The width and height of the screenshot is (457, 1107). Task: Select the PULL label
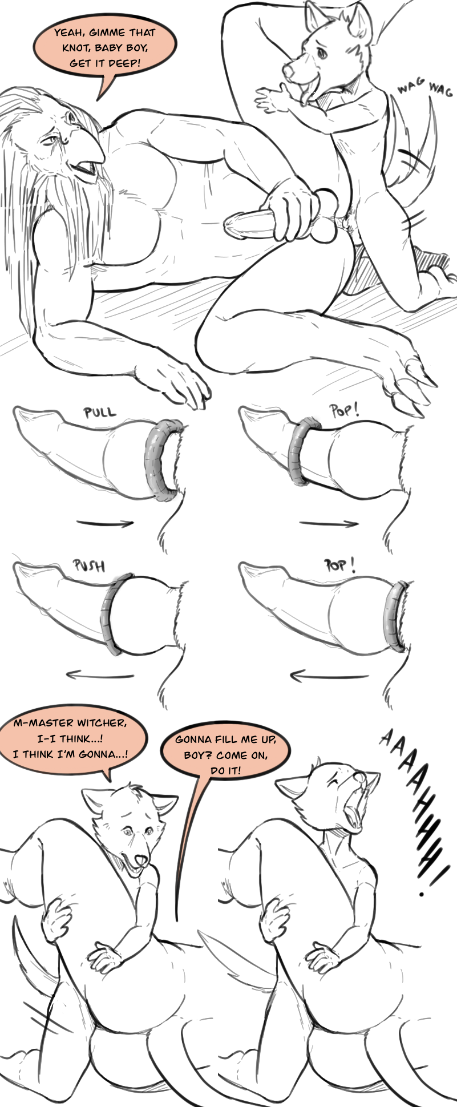99,412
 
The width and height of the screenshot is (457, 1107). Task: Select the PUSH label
90,566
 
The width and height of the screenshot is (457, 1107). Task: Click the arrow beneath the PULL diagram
105,523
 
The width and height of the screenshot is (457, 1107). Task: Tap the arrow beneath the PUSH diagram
100,676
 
